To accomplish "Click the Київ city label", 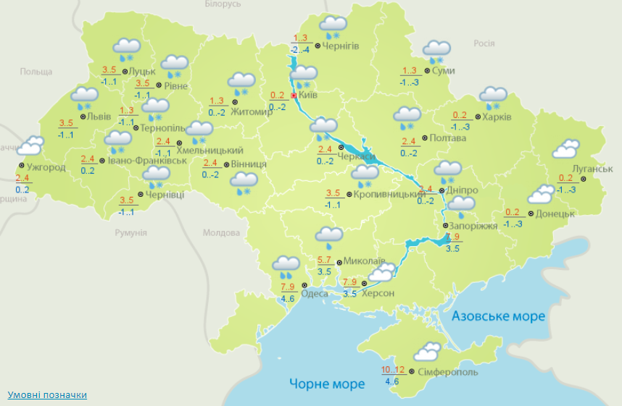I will pyautogui.click(x=308, y=95).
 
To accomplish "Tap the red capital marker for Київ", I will pyautogui.click(x=294, y=95).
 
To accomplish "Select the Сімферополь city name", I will pyautogui.click(x=448, y=372).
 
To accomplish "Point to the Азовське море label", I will pyautogui.click(x=498, y=316).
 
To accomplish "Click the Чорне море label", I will pyautogui.click(x=327, y=384).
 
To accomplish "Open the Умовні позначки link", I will pyautogui.click(x=47, y=394).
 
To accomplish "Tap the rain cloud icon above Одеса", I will pyautogui.click(x=286, y=268).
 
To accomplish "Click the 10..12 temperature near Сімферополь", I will pyautogui.click(x=393, y=371).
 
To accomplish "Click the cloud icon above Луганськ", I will pyautogui.click(x=565, y=149).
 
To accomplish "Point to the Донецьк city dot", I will pyautogui.click(x=531, y=214).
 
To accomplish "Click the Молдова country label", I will pyautogui.click(x=221, y=233).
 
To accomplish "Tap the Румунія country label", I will pyautogui.click(x=130, y=233).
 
